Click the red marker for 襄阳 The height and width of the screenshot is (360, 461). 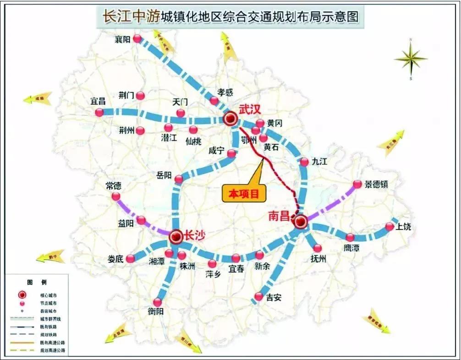point(137,39)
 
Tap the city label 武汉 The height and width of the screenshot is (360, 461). point(250,109)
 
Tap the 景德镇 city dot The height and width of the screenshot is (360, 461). point(357,185)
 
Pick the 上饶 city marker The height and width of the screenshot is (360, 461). point(390,226)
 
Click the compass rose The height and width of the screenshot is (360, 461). point(411,58)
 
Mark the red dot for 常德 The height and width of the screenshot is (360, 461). point(116,196)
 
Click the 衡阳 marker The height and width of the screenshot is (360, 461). point(158,302)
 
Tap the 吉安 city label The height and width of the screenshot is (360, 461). point(274,297)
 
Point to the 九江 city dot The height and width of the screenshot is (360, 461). point(305,162)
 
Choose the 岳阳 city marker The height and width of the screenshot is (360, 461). point(179,179)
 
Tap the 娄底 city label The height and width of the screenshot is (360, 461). point(116,259)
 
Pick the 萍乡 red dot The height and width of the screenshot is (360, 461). point(212,264)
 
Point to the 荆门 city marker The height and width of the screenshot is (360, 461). point(141,96)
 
